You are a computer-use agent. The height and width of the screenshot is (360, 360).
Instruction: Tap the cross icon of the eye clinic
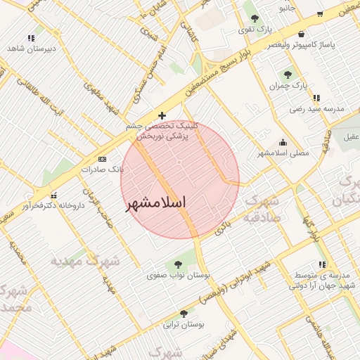tap(162, 115)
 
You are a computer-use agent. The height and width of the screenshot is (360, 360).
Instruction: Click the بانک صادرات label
tap(103, 169)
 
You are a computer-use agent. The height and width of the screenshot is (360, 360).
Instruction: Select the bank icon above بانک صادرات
tap(103, 160)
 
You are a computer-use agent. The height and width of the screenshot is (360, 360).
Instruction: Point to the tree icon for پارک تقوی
tap(255, 19)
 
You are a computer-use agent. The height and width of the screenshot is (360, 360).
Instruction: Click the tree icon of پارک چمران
tap(288, 75)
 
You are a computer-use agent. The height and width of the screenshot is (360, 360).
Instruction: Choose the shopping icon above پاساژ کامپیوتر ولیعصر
tap(302, 34)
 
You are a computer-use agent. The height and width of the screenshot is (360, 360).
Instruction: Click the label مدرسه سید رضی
tap(316, 109)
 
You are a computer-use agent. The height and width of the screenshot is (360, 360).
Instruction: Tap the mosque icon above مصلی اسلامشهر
tap(283, 142)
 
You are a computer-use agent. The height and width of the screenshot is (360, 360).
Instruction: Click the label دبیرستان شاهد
tap(31, 49)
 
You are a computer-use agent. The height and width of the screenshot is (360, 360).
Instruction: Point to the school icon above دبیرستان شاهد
tap(31, 38)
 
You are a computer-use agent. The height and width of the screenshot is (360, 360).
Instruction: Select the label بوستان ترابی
tap(184, 324)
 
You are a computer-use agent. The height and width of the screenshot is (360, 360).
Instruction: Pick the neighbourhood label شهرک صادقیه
tap(262, 210)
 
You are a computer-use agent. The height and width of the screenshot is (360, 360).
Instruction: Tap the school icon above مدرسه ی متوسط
tap(322, 264)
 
